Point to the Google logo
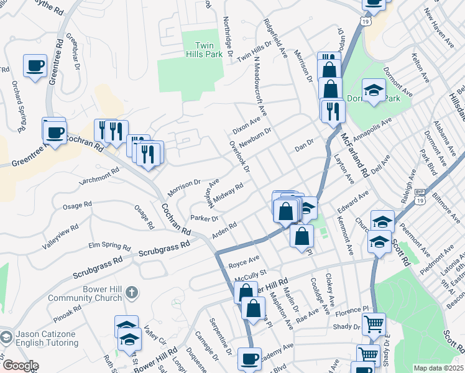20,366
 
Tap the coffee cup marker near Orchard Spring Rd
35,66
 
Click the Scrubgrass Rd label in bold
164,250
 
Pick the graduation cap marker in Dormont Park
374,91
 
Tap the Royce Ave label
244,260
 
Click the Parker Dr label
205,218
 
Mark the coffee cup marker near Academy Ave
249,359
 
